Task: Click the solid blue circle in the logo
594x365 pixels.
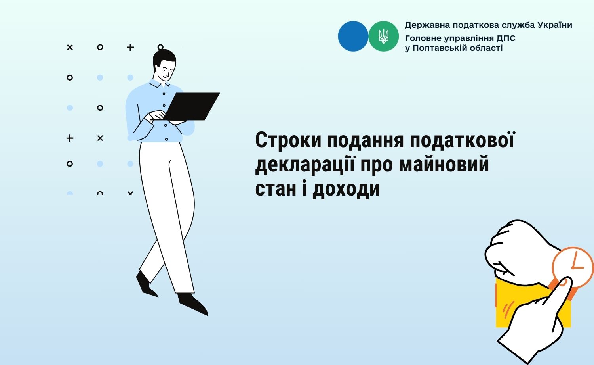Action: click(353, 36)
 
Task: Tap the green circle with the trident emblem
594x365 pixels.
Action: click(383, 36)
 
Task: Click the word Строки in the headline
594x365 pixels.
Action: click(289, 140)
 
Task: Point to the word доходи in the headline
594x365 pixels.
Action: click(346, 189)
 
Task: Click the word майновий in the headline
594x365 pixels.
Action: click(444, 165)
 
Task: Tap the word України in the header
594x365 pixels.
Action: click(555, 25)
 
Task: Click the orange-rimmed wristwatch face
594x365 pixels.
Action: click(573, 267)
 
